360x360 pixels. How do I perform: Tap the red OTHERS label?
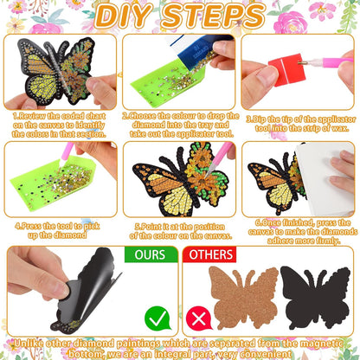coord(210,254)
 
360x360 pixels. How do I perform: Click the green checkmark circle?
coord(157,318)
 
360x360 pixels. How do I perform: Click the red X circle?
coord(200,318)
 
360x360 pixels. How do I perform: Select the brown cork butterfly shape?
coord(243,297)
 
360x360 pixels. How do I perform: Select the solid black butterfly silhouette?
coord(315,297)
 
